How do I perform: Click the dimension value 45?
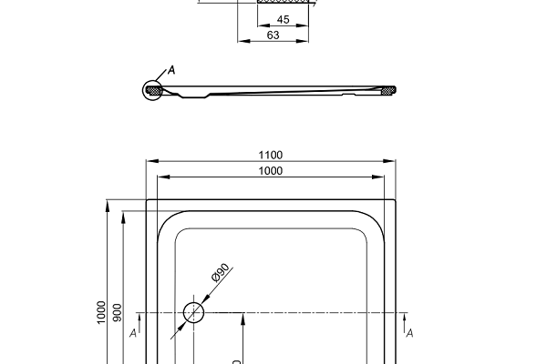pos(283,19)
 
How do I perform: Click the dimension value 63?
pos(273,35)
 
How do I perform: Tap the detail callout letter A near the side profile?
pos(171,70)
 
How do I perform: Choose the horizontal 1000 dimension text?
pos(270,170)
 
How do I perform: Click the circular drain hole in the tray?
pos(194,313)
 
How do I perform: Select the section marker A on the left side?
pos(134,334)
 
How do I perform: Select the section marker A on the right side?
pos(409,334)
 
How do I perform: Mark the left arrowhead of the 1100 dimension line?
pos(150,161)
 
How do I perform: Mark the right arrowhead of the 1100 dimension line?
pos(391,161)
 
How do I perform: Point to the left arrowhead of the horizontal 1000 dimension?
pos(161,177)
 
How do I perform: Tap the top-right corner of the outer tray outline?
pos(395,200)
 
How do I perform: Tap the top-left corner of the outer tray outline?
pos(147,200)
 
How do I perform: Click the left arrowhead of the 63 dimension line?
pos(242,42)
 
